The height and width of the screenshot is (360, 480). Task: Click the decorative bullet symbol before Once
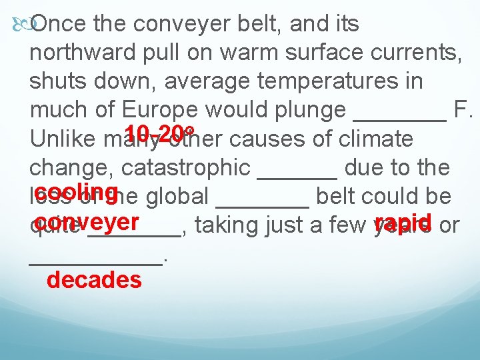(20, 25)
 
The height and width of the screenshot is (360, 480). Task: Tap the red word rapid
(404, 221)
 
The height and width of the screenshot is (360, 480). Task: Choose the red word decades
(94, 280)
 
